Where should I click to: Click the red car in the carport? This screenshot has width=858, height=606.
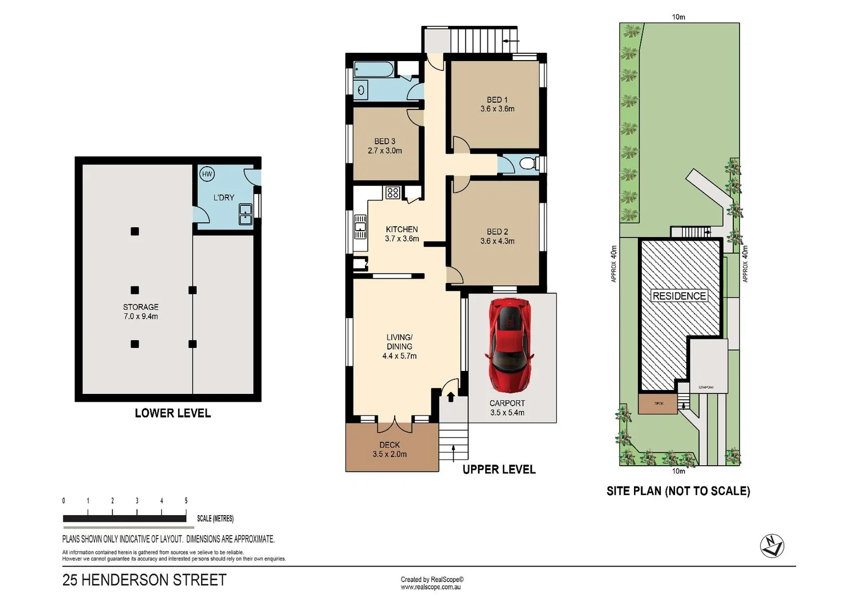pos(509,345)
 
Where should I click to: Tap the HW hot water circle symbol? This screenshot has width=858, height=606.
pos(207,174)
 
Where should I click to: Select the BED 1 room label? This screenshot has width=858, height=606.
pos(497,100)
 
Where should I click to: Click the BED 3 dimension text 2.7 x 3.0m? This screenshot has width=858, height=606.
pos(385,151)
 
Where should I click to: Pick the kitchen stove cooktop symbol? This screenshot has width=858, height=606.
pos(393,193)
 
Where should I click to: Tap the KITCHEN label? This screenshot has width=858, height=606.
pos(401,229)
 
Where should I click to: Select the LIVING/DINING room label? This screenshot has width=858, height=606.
pos(399,342)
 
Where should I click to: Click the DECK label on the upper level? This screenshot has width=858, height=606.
pos(389,444)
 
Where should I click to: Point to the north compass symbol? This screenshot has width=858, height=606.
pos(772,545)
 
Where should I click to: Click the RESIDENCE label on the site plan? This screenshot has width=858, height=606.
pos(679,296)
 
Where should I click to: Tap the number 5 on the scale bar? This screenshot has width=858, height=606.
pos(186,501)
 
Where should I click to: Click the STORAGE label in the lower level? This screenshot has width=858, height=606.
pos(140,307)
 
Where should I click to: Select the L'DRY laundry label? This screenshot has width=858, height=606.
pos(223,198)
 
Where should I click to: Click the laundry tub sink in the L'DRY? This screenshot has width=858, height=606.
pos(245,214)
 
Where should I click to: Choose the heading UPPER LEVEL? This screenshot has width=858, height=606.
pos(499,470)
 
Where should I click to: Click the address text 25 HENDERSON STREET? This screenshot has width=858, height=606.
pos(144,580)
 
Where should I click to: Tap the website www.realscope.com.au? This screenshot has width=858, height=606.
pos(431,587)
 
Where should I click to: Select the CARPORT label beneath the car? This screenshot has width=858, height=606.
pos(507,403)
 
